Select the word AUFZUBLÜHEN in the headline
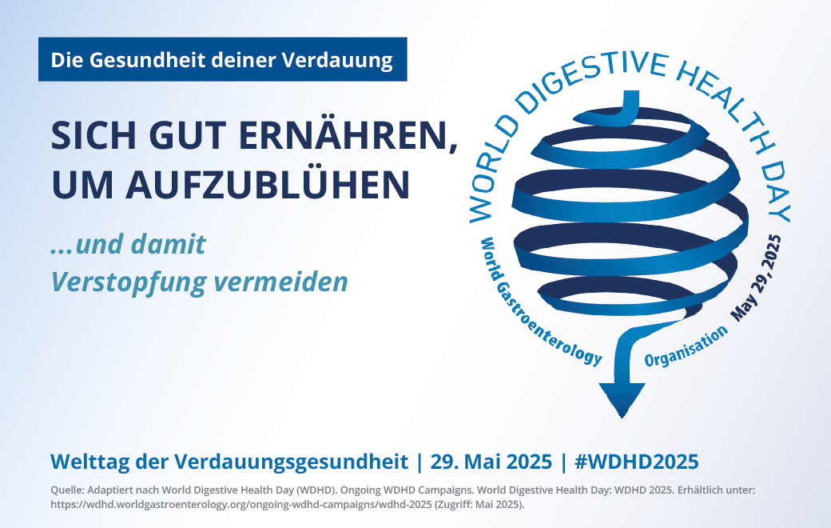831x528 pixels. coord(268,184)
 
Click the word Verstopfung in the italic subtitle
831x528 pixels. coord(127,282)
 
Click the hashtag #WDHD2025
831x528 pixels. coord(637,462)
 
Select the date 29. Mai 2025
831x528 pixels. coord(491,462)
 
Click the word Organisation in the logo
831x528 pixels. coord(686,346)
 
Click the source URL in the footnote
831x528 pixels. coord(241,504)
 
